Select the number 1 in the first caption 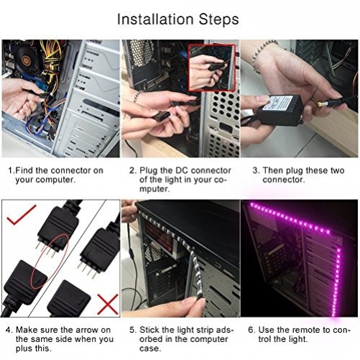pyautogui.click(x=10, y=170)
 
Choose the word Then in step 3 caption pyautogui.click(x=274, y=170)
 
